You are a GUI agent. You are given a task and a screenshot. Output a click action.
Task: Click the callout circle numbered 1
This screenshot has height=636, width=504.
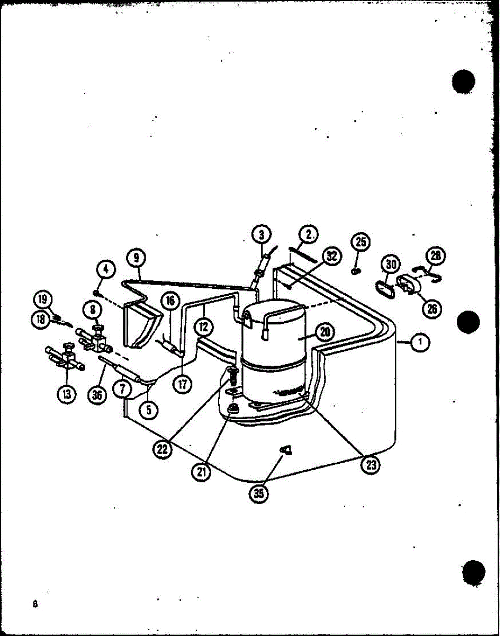pos(420,343)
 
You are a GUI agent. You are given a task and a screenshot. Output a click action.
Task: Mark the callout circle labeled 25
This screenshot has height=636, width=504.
pos(360,243)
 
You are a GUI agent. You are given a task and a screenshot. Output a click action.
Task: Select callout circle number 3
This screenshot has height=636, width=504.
pos(261,234)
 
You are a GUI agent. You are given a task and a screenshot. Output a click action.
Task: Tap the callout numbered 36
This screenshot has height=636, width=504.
pos(97,395)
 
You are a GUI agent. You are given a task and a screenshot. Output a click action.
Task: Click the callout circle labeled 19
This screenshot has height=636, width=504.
pos(41,300)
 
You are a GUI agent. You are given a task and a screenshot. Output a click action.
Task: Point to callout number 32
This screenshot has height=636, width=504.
pos(331,257)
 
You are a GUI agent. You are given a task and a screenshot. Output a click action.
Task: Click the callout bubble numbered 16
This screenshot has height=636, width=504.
pos(169,301)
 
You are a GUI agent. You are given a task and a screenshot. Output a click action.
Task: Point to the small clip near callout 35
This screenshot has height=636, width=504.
pos(287,450)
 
